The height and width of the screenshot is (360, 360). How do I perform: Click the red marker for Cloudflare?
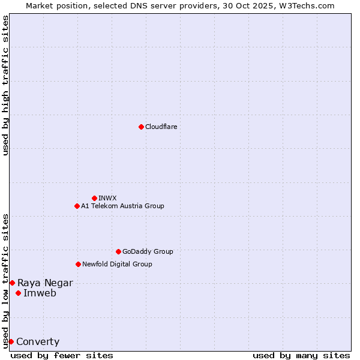point(141,127)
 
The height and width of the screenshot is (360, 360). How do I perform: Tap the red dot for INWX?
point(94,198)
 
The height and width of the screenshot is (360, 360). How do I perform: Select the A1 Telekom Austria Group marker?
point(77,206)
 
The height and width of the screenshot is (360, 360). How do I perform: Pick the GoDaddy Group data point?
point(118,251)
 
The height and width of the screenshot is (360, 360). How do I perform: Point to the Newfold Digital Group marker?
point(78,264)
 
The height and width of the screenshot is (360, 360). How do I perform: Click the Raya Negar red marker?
point(12,283)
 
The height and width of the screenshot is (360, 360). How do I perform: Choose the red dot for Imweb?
point(18,293)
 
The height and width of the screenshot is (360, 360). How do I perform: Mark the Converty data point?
point(11,341)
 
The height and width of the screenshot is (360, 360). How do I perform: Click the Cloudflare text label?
point(161,127)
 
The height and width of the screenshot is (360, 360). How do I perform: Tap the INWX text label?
point(107,198)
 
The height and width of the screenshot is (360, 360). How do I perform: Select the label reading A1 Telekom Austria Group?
point(122,206)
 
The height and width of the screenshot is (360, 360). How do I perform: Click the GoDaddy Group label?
point(148,251)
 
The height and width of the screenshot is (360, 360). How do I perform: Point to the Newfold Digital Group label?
point(117,264)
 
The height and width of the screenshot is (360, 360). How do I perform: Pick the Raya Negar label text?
point(45,283)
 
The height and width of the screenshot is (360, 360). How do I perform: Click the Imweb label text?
point(40,293)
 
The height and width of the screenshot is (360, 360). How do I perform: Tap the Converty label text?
point(38,341)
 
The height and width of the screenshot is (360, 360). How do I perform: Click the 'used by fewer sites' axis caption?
point(62,355)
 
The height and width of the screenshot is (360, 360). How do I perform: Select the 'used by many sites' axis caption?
point(301,355)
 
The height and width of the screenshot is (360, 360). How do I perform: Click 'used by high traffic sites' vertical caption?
point(5,85)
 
